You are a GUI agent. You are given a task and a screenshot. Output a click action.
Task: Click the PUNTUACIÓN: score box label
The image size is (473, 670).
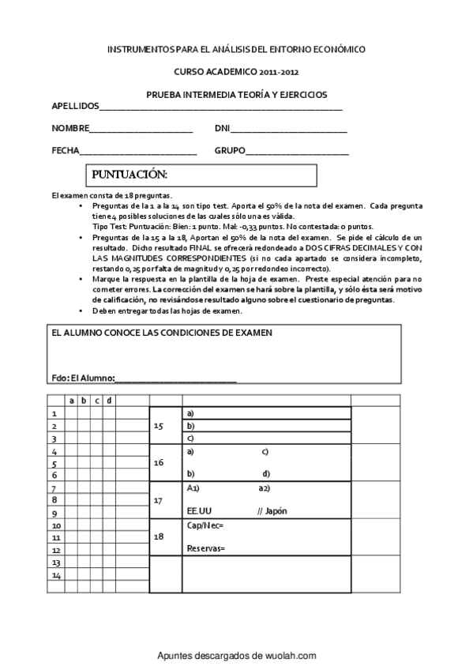pos(130,174)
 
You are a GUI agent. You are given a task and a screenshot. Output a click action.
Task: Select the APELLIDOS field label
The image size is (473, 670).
pos(75,105)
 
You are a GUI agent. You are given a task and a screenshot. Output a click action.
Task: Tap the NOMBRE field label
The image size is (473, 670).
pos(70,128)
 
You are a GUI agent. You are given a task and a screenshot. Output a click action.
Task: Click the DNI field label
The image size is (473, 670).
pos(222,128)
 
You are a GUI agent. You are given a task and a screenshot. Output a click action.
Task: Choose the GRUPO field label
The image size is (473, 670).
pos(230,150)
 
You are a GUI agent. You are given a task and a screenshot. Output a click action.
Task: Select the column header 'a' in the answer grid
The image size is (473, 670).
pos(72,400)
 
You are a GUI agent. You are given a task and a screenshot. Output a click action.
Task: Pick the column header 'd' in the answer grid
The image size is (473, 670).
pos(109,400)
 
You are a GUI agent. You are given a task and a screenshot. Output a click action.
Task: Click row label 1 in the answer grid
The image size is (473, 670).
pos(54,413)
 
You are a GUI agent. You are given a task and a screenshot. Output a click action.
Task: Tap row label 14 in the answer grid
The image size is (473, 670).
pos(56,575)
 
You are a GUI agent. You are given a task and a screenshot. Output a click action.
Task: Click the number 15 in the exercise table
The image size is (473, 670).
pos(158,426)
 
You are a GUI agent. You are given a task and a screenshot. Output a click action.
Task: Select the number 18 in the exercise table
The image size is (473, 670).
pos(158,536)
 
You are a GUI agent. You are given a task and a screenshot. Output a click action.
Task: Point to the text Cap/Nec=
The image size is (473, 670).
pos(205,525)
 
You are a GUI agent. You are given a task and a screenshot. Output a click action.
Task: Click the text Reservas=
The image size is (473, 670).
pos(206,548)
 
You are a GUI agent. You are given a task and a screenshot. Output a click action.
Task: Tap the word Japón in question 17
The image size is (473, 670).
pos(276,510)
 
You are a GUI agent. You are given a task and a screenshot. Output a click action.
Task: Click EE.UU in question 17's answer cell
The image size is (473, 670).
pos(200,510)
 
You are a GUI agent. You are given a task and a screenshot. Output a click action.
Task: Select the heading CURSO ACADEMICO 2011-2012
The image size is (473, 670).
pos(237,70)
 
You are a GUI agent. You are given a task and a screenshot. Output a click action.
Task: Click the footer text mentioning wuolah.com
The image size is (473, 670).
pos(237,655)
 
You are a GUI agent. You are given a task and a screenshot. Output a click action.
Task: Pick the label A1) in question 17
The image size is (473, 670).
pos(193,488)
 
